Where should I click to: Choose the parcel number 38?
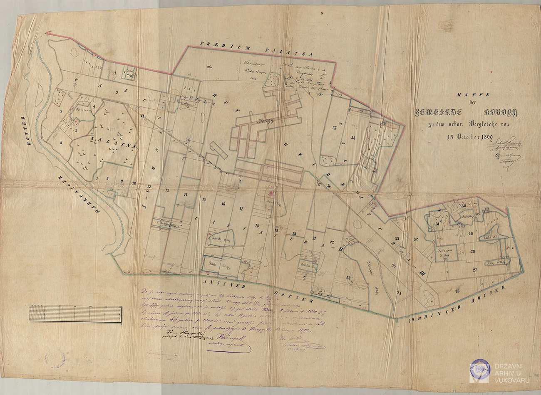(353, 138)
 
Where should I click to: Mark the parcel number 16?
(224, 204)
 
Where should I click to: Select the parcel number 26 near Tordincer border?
(458, 291)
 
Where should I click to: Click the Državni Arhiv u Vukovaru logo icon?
(479, 371)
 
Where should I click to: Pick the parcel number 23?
(348, 278)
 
